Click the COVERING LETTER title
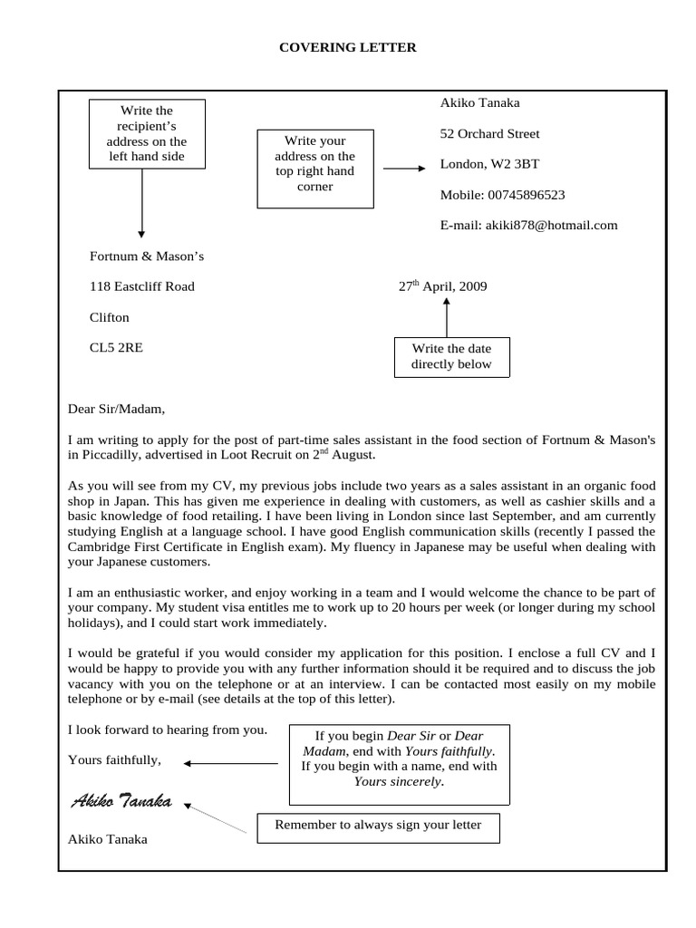tap(348, 47)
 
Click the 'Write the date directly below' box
tap(451, 356)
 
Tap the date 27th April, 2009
tap(443, 286)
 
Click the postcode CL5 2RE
tap(116, 347)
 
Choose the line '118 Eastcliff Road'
tap(141, 286)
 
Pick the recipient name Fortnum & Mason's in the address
tap(147, 256)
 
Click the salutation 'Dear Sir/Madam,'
tap(117, 409)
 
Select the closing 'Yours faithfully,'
tap(114, 759)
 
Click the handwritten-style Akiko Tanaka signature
tap(122, 801)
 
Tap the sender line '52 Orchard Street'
tap(489, 134)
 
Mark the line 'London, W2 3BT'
tap(489, 164)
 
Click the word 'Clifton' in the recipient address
tap(110, 317)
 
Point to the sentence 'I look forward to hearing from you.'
tap(168, 729)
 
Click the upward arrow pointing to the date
tap(447, 316)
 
